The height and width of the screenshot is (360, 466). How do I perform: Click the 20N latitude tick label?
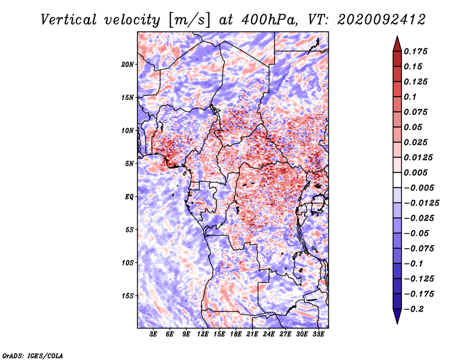(x=128, y=65)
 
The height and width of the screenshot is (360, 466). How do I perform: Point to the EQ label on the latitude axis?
(x=129, y=197)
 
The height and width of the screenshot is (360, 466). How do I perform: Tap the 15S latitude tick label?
(x=128, y=296)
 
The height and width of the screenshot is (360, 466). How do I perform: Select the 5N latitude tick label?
(x=129, y=164)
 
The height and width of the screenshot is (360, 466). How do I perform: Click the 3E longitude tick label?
(x=153, y=334)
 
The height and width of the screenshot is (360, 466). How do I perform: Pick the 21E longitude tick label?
(x=252, y=334)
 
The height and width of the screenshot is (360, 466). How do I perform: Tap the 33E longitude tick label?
(x=318, y=334)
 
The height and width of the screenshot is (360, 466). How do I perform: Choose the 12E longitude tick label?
(x=202, y=334)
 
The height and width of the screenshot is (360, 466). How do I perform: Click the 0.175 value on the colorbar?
(x=415, y=51)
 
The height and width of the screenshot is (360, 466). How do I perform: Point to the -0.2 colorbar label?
(x=414, y=309)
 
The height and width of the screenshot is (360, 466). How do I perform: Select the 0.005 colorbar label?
(x=415, y=172)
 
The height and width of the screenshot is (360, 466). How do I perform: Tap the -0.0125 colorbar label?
(x=421, y=203)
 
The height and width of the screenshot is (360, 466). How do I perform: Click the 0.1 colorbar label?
(x=410, y=97)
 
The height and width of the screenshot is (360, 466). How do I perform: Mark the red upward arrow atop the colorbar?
(x=397, y=44)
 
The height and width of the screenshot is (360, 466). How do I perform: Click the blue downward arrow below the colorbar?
(x=397, y=316)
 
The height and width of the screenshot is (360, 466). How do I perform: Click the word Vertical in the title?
(x=69, y=20)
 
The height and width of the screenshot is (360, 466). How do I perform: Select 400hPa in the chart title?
(x=269, y=20)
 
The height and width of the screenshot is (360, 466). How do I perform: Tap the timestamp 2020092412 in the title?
(x=382, y=20)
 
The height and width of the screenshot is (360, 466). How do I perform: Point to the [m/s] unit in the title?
(x=189, y=20)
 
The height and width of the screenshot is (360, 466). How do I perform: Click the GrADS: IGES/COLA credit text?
(x=33, y=356)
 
